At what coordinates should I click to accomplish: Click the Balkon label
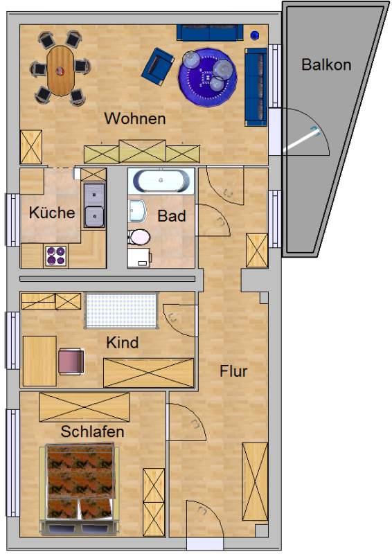pyautogui.click(x=326, y=65)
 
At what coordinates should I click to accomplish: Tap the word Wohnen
pyautogui.click(x=135, y=118)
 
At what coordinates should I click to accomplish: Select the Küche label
pyautogui.click(x=52, y=213)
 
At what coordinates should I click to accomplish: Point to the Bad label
pyautogui.click(x=172, y=216)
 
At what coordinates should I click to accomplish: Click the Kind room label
pyautogui.click(x=123, y=342)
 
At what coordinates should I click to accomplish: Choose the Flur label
pyautogui.click(x=233, y=371)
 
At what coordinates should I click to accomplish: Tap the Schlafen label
pyautogui.click(x=92, y=431)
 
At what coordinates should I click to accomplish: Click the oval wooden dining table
pyautogui.click(x=60, y=71)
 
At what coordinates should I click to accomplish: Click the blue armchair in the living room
pyautogui.click(x=158, y=66)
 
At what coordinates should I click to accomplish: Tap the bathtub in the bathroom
pyautogui.click(x=161, y=181)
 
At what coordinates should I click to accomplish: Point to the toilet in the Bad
pyautogui.click(x=139, y=237)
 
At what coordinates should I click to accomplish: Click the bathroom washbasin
pyautogui.click(x=137, y=211)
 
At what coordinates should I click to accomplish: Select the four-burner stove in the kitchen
pyautogui.click(x=56, y=256)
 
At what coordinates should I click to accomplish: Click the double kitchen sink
pyautogui.click(x=94, y=205)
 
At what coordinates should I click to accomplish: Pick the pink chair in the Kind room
pyautogui.click(x=71, y=361)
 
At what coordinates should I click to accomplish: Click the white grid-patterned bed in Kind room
pyautogui.click(x=121, y=310)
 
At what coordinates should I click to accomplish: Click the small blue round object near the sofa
pyautogui.click(x=254, y=35)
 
